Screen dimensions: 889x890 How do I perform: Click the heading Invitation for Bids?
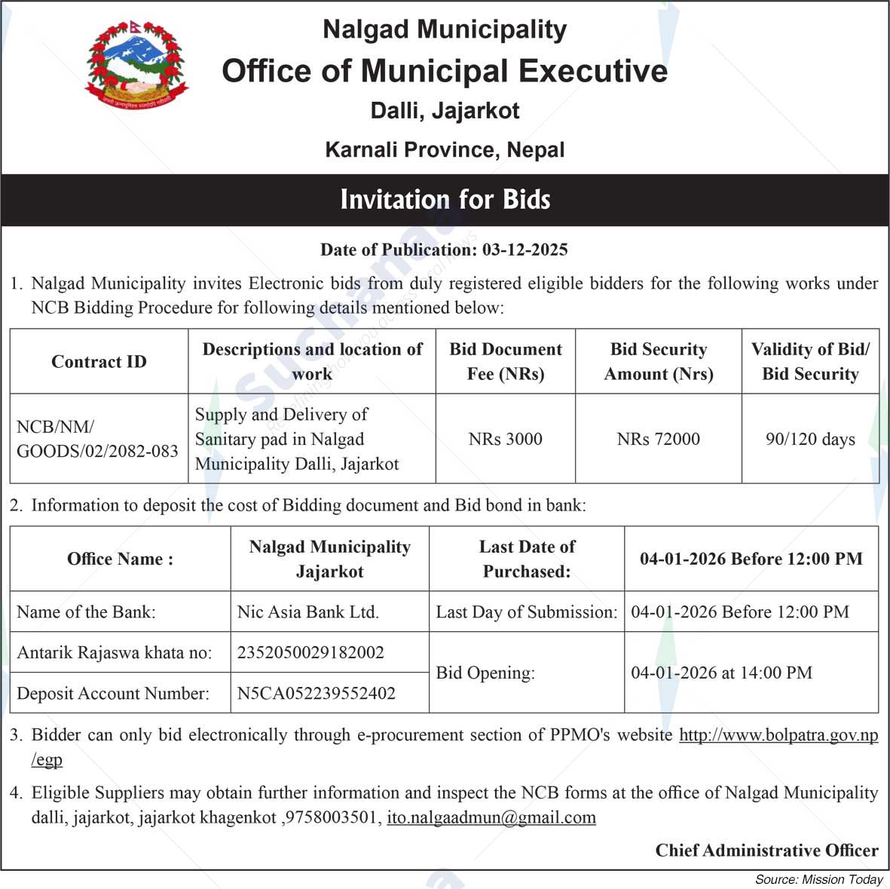click(x=445, y=200)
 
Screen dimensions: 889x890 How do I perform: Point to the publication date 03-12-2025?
click(x=525, y=250)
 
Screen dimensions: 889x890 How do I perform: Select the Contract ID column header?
click(x=99, y=362)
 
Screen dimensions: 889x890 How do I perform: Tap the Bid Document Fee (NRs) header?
click(x=505, y=362)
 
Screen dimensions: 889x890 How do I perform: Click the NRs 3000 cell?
click(x=505, y=439)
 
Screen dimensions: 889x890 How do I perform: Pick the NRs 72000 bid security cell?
click(x=658, y=439)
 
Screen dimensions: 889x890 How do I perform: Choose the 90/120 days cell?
click(x=810, y=439)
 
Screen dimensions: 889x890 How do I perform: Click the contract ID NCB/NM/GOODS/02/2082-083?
click(x=97, y=439)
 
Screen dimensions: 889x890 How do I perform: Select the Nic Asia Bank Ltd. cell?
click(x=307, y=612)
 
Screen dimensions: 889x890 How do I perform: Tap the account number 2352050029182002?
click(x=310, y=652)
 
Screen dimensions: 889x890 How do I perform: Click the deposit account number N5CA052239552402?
click(x=316, y=693)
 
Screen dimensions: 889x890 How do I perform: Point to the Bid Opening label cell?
click(x=485, y=673)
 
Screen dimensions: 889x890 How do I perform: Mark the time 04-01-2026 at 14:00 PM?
click(x=721, y=673)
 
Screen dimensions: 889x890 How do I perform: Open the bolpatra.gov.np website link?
click(x=778, y=735)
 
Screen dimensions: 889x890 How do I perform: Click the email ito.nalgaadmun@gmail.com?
click(x=491, y=817)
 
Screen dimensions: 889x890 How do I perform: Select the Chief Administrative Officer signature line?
click(x=766, y=851)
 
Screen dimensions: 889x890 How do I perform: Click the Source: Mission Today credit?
click(x=818, y=879)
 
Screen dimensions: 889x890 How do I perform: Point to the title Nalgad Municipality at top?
click(x=445, y=29)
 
